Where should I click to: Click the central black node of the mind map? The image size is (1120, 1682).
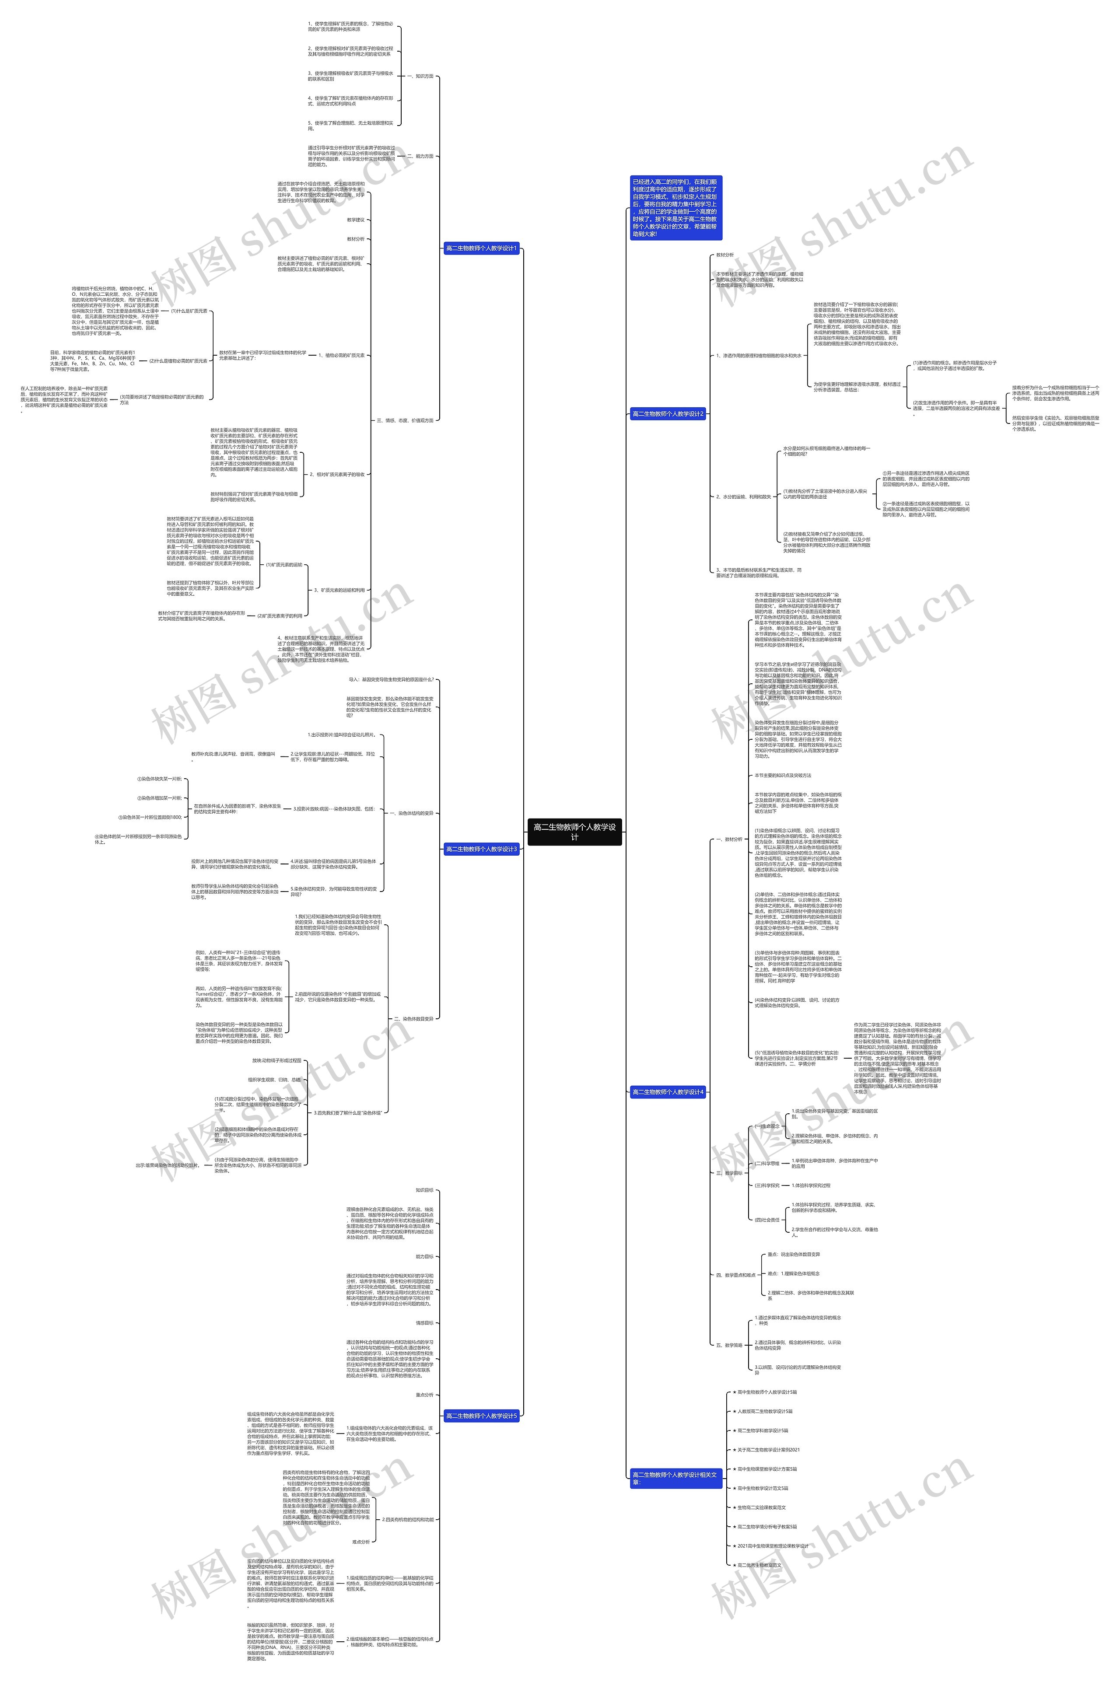coord(574,831)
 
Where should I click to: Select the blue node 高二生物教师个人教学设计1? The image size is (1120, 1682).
coord(481,248)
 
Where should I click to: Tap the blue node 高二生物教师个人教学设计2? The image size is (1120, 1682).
coord(668,413)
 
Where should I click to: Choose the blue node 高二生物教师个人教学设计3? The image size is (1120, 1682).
coord(481,849)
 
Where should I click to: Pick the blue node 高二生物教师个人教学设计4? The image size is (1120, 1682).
coord(668,1092)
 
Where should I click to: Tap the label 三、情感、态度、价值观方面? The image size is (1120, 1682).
coord(405,421)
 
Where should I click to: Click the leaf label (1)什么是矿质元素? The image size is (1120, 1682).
coord(189,311)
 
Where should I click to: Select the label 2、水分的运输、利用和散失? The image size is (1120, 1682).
coord(744,497)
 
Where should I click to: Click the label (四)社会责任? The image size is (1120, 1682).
coord(767,1220)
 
